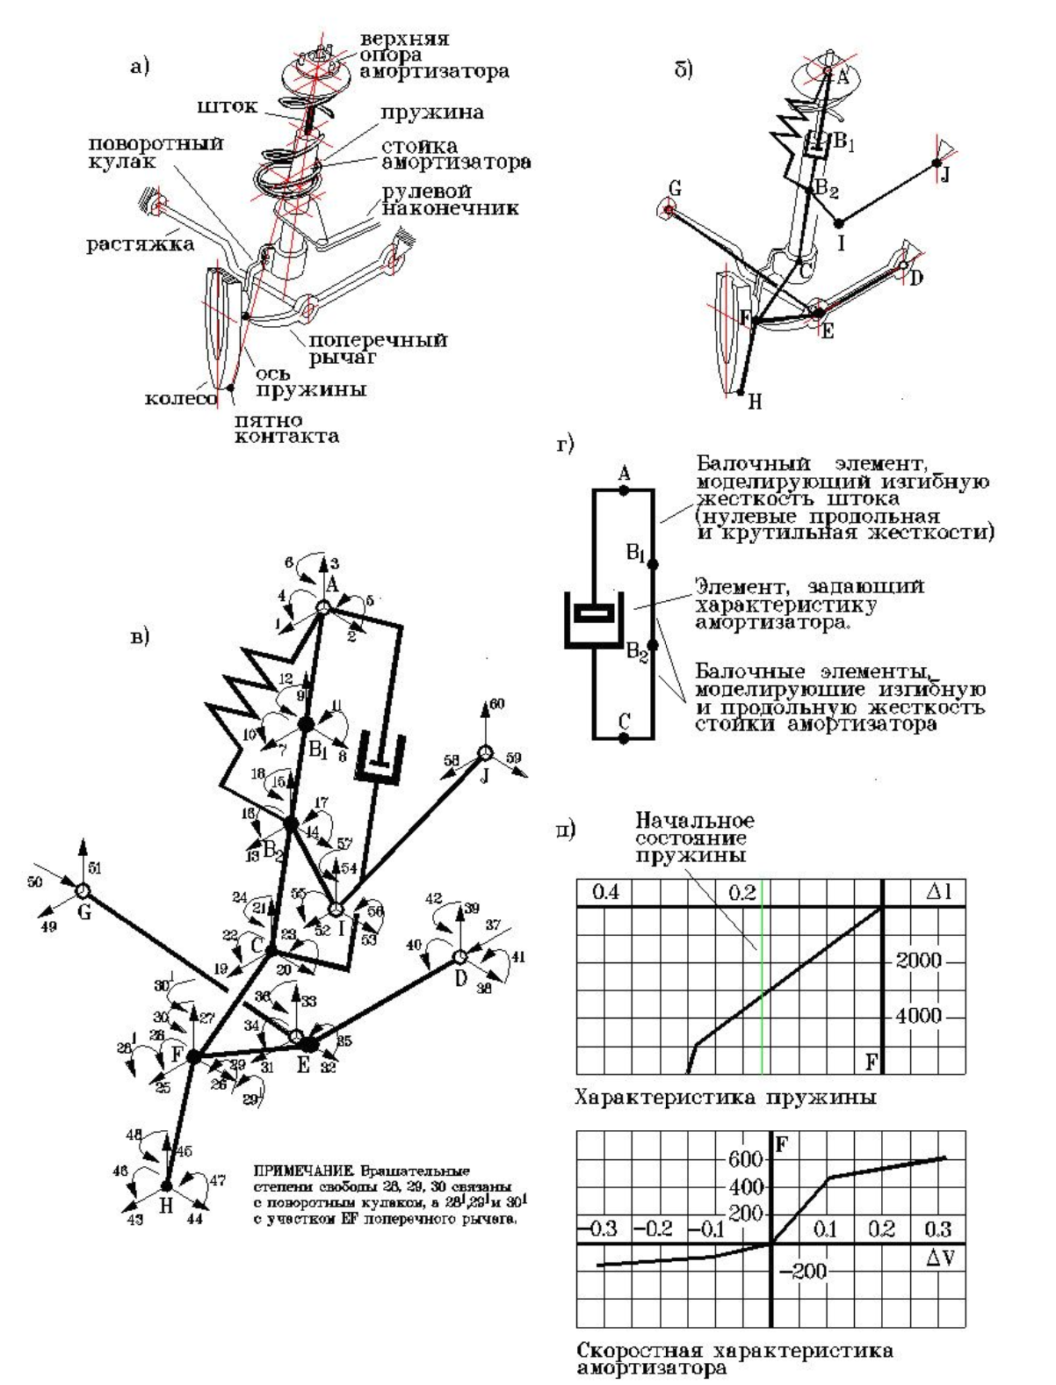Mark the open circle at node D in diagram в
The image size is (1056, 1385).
[x=459, y=956]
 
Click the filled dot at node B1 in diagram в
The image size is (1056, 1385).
[x=306, y=723]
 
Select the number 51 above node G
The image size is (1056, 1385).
[x=96, y=868]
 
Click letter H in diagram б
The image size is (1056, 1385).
[x=755, y=403]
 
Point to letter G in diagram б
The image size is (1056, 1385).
[x=675, y=189]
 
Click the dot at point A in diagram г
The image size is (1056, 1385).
[x=624, y=490]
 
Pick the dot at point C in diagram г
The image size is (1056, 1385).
[x=623, y=738]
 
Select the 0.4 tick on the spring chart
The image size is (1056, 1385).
[x=605, y=893]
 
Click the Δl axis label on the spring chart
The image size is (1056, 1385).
[x=938, y=893]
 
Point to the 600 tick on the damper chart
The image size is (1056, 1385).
[x=745, y=1158]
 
